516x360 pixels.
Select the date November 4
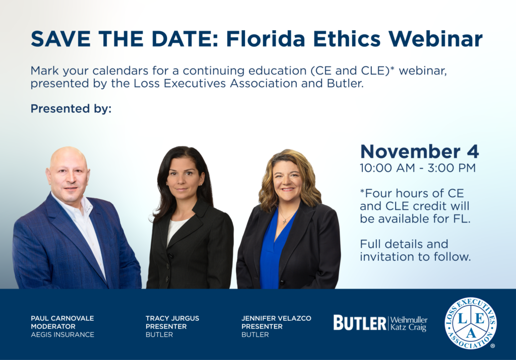(420, 151)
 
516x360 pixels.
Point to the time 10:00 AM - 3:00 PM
(418, 168)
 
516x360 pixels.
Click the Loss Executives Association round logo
(471, 323)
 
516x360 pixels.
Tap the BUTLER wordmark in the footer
(360, 323)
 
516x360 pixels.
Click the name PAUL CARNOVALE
(62, 318)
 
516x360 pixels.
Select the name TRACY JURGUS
(172, 318)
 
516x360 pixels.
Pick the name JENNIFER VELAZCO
(276, 318)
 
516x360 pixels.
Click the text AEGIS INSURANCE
(62, 335)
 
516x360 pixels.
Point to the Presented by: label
(71, 109)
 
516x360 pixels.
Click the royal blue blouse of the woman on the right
(274, 253)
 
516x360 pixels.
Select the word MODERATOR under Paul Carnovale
(53, 326)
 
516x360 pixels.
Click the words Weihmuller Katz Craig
(409, 324)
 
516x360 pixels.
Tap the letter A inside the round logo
(471, 333)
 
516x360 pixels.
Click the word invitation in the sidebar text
(385, 257)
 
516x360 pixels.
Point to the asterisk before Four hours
(362, 191)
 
